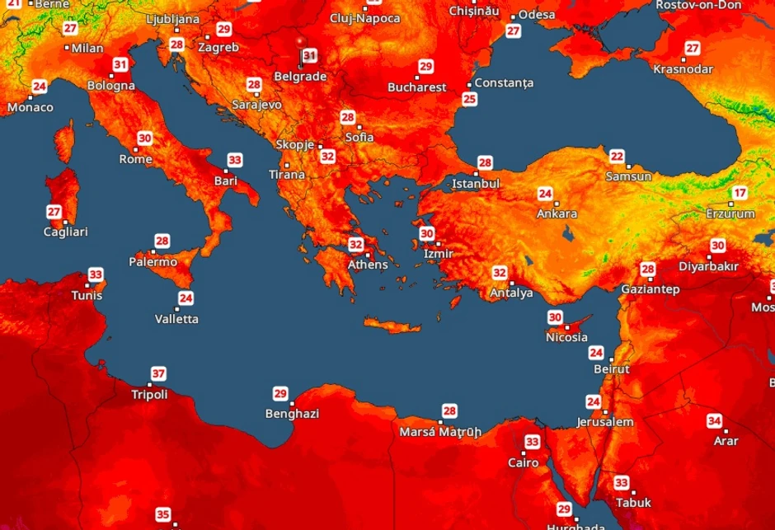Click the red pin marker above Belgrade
(301, 40)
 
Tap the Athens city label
(367, 265)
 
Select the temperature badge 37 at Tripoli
(158, 373)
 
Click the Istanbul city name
(476, 183)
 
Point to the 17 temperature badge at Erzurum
(740, 194)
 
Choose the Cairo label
(523, 462)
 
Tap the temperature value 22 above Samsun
(617, 157)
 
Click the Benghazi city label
(292, 414)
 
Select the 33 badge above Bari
(235, 161)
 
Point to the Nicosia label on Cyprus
(566, 337)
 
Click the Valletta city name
(176, 319)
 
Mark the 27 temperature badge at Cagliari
(54, 212)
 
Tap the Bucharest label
(417, 87)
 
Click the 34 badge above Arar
(714, 421)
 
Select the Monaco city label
(31, 107)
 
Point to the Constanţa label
(504, 83)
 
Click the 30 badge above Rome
(145, 139)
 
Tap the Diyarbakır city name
(708, 266)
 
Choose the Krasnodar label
(683, 69)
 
